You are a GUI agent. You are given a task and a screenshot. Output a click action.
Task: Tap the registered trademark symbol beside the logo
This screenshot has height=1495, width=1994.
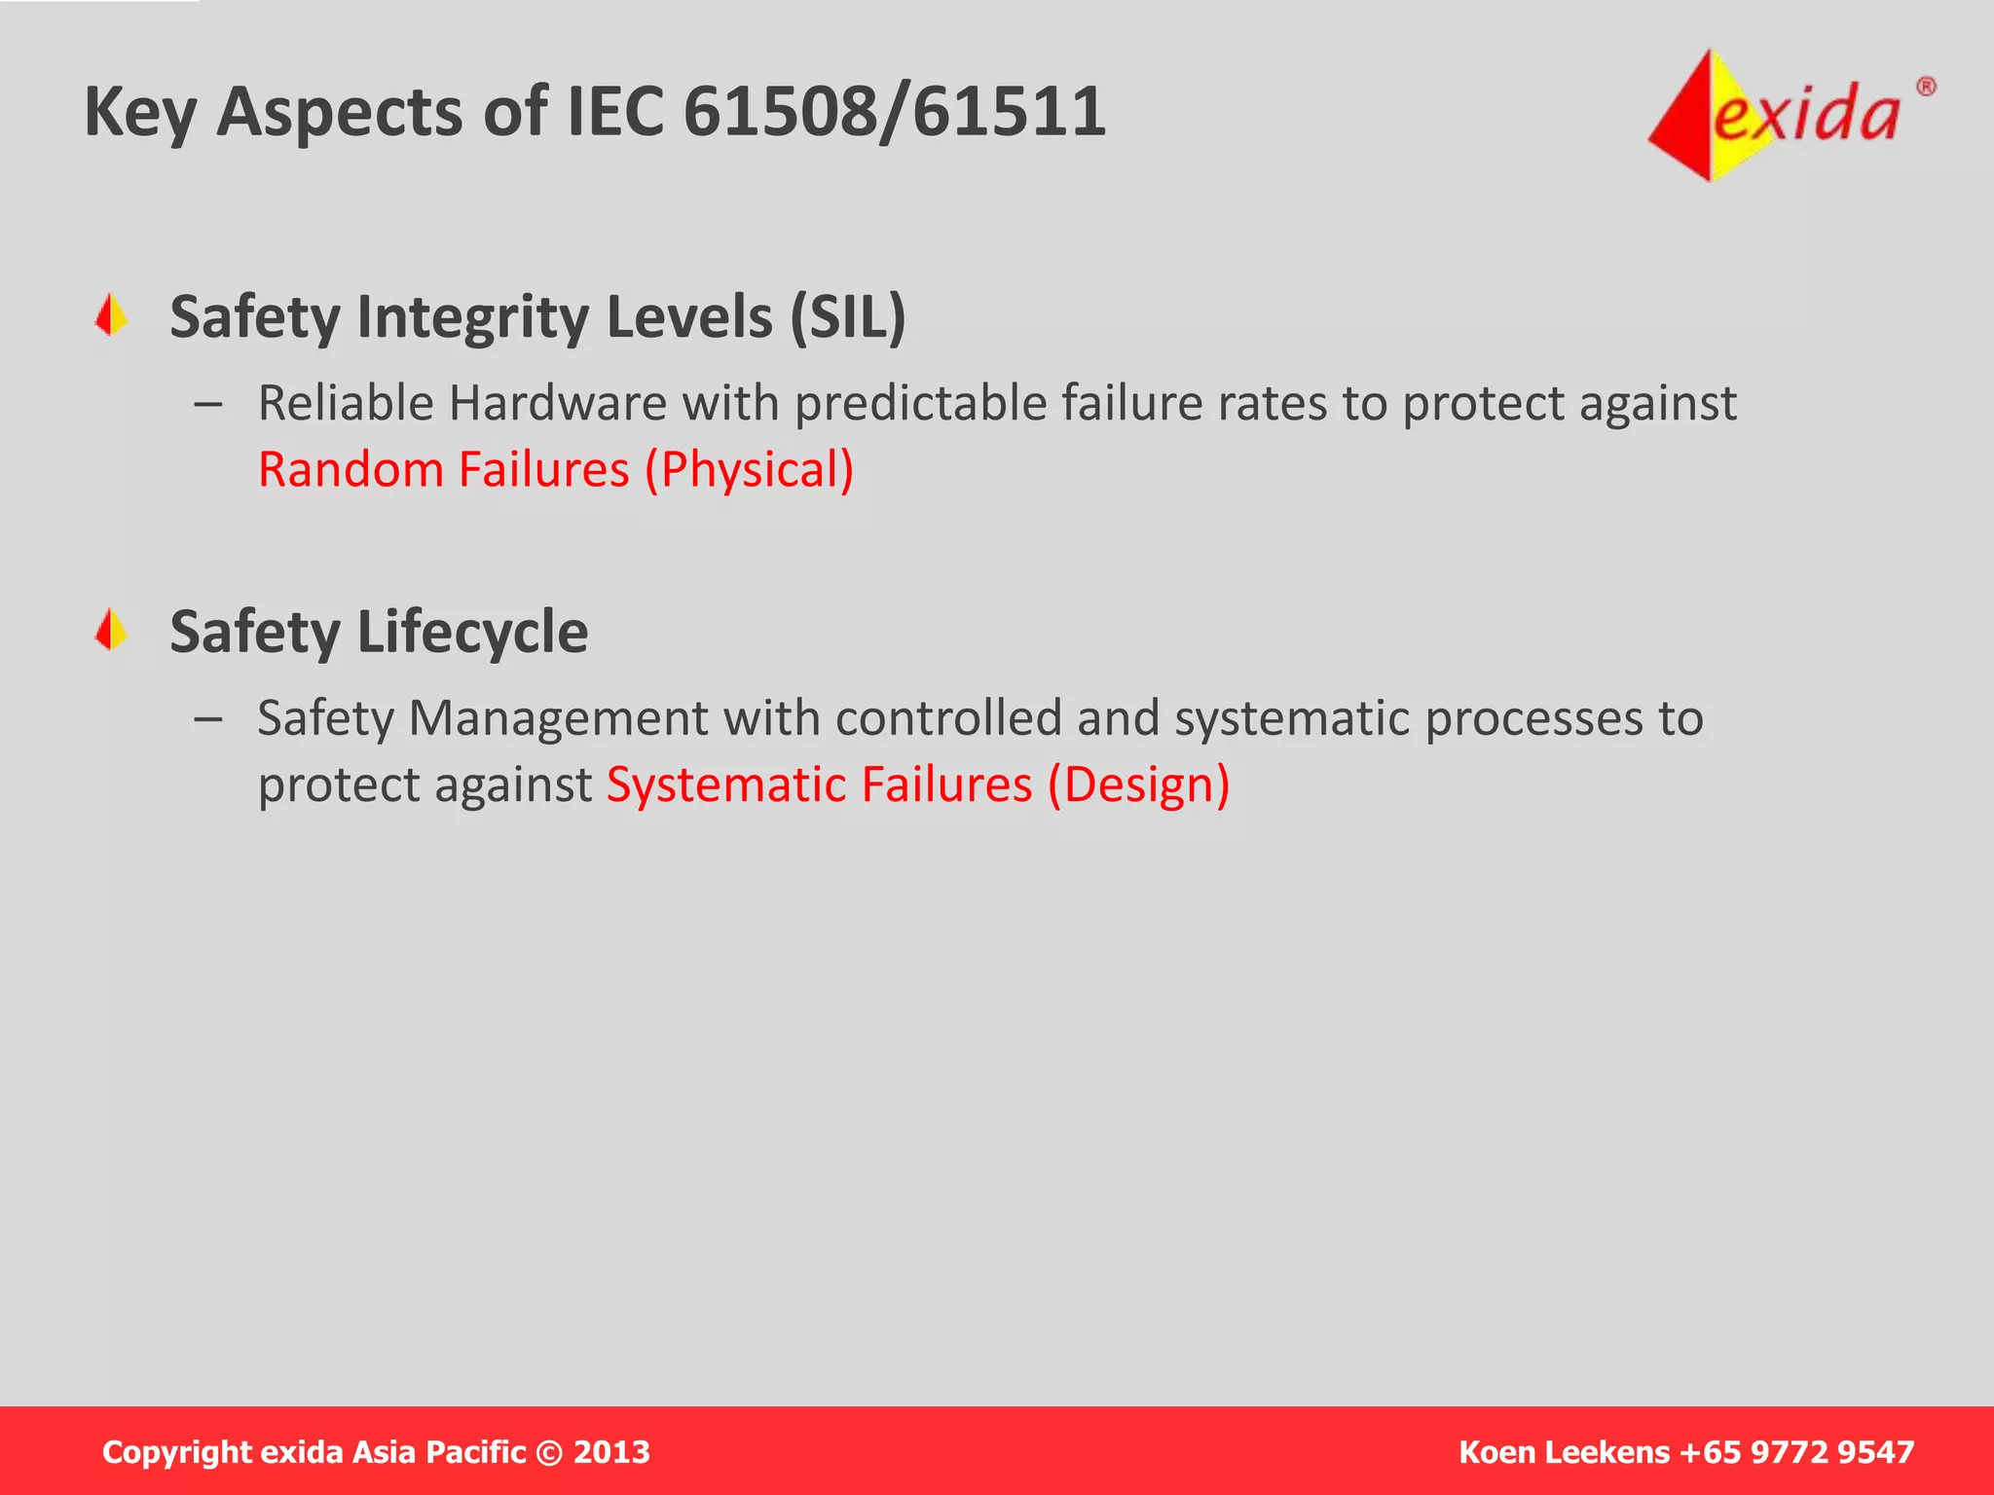click(x=1926, y=88)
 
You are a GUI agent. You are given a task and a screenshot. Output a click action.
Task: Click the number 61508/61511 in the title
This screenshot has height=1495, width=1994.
click(x=894, y=111)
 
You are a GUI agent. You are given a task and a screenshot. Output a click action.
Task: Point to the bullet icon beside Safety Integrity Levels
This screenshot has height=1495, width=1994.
click(x=112, y=315)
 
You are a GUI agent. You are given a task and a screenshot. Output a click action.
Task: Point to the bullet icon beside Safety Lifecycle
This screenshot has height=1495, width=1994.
click(x=112, y=630)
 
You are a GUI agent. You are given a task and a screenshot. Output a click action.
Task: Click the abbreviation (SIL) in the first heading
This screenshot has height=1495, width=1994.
click(x=847, y=317)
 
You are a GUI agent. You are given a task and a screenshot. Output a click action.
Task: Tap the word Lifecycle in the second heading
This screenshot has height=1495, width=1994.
click(x=472, y=633)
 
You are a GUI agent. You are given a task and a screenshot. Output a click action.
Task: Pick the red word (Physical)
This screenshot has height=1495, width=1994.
click(x=749, y=469)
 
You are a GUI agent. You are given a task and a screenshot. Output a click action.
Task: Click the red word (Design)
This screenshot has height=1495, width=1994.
click(x=1138, y=784)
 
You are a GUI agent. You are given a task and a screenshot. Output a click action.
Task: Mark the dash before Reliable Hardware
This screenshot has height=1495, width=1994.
click(x=207, y=404)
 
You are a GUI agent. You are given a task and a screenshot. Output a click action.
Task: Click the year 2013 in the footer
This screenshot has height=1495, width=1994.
click(x=611, y=1452)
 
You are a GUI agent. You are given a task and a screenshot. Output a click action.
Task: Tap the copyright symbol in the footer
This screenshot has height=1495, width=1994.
click(x=549, y=1452)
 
